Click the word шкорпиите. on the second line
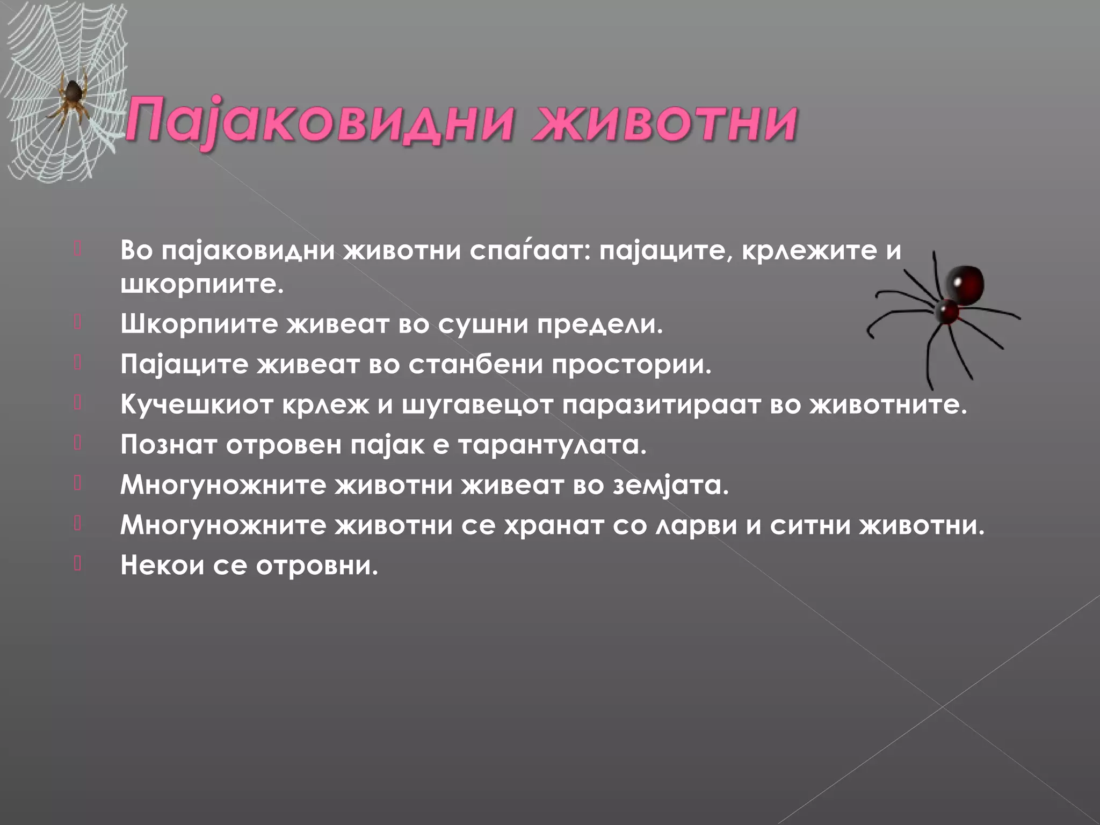(x=201, y=284)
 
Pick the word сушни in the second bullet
(x=483, y=324)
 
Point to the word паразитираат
(x=661, y=404)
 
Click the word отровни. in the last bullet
(x=317, y=565)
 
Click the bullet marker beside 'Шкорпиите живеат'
(x=78, y=322)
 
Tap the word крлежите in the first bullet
(x=809, y=251)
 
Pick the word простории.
(x=631, y=365)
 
